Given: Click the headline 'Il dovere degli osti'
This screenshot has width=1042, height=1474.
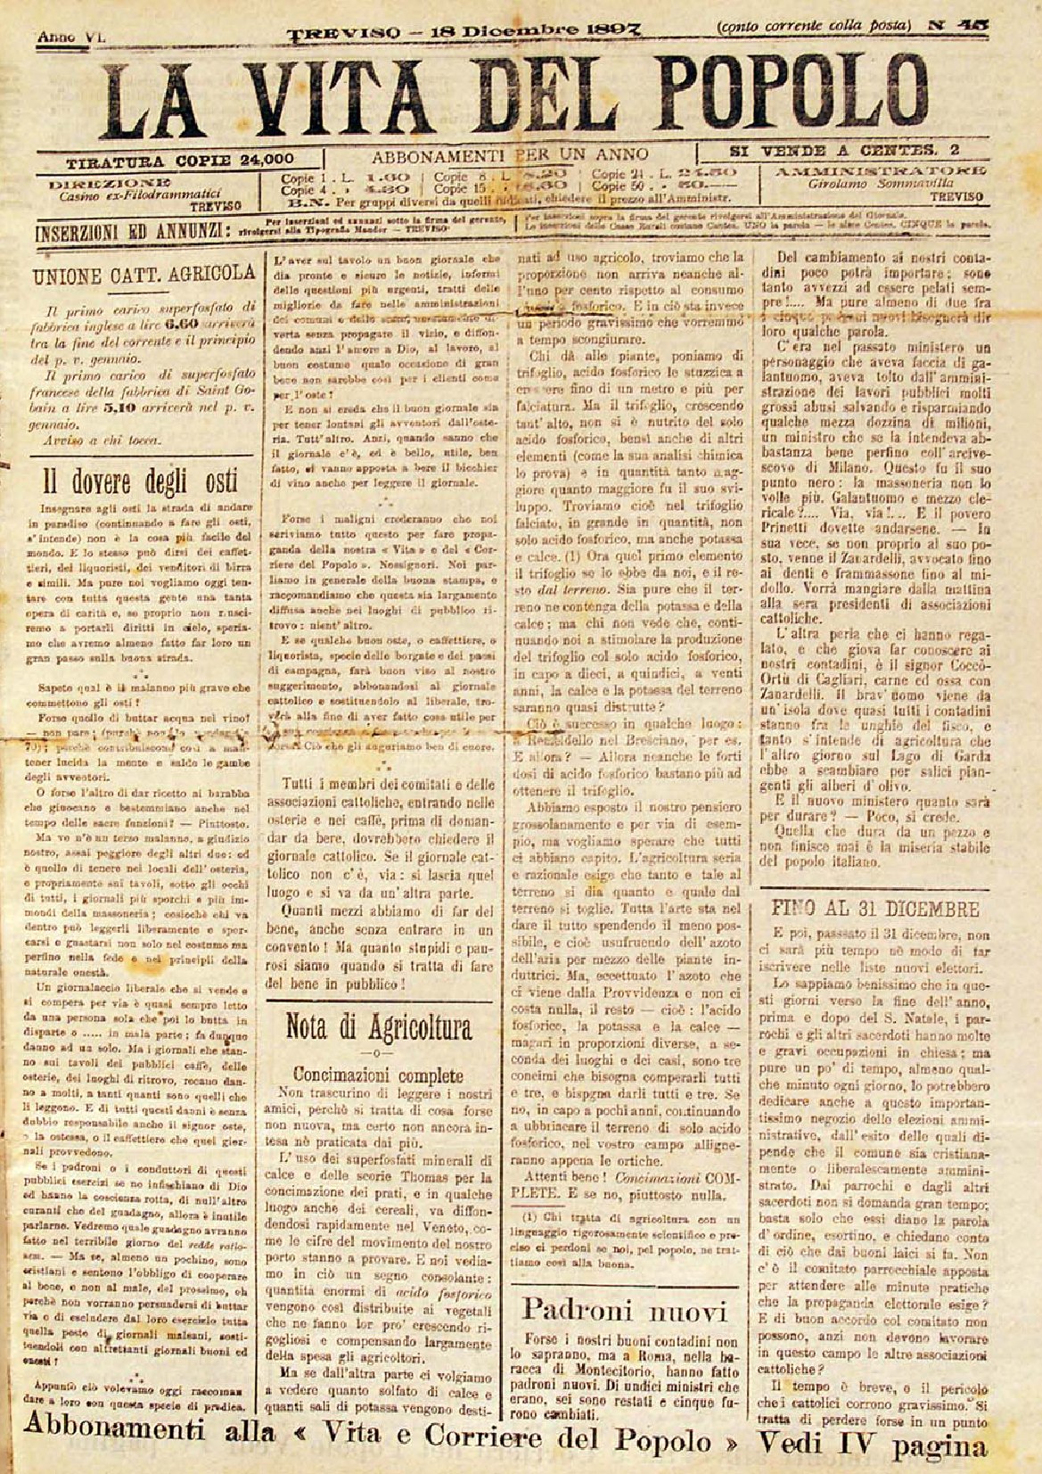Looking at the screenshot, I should [x=142, y=482].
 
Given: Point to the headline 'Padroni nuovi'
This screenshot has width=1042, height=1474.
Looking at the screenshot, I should [x=625, y=1310].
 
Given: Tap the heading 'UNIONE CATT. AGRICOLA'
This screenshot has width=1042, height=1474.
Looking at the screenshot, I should [x=144, y=276].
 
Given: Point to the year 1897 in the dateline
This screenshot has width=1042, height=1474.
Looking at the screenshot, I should [x=629, y=29].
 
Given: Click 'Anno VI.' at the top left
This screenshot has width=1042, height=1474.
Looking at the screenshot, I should [x=70, y=37].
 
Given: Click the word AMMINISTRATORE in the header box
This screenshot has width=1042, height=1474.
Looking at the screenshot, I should [x=880, y=169].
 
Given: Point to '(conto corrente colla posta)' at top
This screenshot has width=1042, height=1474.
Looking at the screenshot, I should [x=814, y=26].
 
